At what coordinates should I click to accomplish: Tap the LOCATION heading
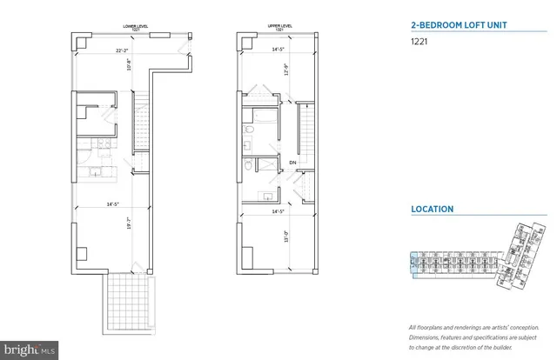[433, 209]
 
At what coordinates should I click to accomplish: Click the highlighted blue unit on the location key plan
[413, 262]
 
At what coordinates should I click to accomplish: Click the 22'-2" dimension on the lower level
[122, 51]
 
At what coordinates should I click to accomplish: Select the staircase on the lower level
[140, 123]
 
